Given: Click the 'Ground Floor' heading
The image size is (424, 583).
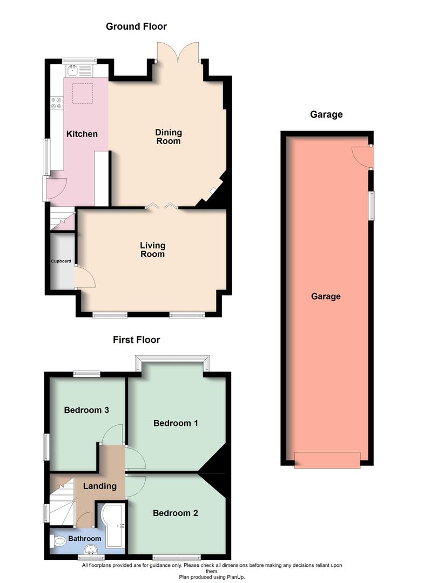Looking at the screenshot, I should pos(136,26).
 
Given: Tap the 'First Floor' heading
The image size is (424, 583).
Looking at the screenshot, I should pos(136,340).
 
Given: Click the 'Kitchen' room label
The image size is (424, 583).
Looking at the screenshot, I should pos(82,133).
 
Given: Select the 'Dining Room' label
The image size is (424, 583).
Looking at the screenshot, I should pos(168,137).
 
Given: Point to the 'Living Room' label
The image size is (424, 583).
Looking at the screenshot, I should pos(152,250).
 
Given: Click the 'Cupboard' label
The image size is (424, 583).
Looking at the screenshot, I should pos(61,261).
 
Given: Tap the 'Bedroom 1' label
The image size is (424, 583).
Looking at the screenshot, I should pos(176,423).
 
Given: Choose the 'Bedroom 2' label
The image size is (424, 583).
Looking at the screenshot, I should pos(176,513).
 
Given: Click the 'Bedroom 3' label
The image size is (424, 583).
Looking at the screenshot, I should pos(86,410).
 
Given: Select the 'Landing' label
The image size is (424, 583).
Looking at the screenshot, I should pos(100,486).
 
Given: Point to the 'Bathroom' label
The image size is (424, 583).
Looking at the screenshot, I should pos(85,539).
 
